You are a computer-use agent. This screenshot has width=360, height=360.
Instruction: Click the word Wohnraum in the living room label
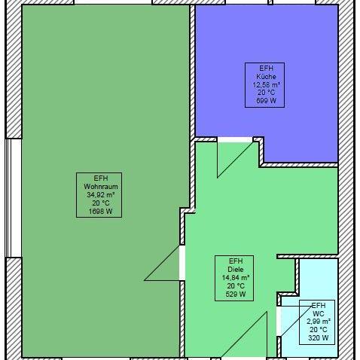pos(101,187)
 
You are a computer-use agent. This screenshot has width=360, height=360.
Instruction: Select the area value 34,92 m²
pos(101,195)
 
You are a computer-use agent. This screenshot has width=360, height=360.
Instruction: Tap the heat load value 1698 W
pos(100,212)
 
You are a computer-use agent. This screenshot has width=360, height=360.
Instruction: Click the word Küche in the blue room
pos(266,77)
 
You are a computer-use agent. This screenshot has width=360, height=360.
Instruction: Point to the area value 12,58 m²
pos(267,84)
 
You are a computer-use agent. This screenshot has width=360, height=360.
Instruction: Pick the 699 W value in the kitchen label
pos(266,101)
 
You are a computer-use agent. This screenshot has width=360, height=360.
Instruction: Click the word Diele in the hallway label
pos(236,270)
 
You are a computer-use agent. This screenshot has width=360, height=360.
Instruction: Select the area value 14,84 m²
pos(236,278)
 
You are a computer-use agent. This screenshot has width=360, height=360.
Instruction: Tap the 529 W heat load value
pos(236,294)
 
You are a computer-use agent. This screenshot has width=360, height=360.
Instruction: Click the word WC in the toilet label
pos(319,313)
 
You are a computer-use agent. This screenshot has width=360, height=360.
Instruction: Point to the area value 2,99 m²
pos(319,322)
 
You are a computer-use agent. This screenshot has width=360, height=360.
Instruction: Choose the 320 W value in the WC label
pos(319,338)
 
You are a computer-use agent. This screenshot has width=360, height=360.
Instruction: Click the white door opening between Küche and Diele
pos(235,140)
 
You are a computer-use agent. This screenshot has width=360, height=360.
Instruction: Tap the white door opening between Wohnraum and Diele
pos(182,263)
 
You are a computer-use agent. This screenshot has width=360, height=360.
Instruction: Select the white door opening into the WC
pos(279,321)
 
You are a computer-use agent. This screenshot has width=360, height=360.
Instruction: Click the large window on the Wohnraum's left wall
pos(14,198)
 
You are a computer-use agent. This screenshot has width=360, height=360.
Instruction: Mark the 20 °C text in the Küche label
pos(266,93)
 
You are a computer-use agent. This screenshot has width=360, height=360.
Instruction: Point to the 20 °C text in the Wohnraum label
pos(100,203)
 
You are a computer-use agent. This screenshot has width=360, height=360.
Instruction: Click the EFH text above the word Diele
pos(236,261)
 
